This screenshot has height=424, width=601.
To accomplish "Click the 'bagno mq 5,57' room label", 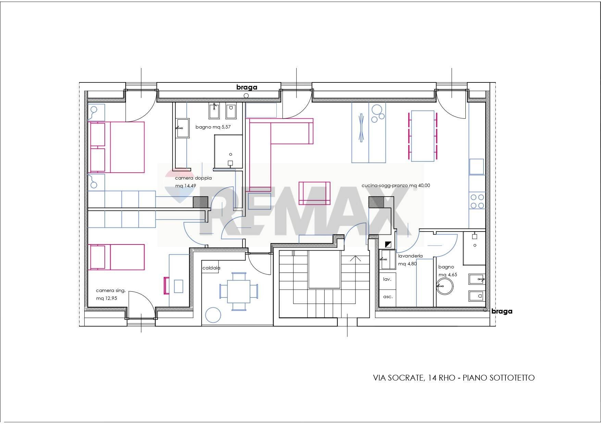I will click(213, 127).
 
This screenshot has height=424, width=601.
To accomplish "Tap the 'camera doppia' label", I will click(193, 178).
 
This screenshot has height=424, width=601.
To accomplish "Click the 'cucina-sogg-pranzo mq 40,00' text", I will click(396, 186).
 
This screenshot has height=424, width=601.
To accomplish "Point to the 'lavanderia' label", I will click(410, 256).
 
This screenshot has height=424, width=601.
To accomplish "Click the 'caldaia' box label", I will click(211, 268).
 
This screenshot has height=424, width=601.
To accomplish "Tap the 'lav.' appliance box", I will click(387, 279).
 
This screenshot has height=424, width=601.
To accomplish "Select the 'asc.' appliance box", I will click(388, 296).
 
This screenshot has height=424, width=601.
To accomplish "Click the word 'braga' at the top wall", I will click(247, 87).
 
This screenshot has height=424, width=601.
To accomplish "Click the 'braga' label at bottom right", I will click(502, 311).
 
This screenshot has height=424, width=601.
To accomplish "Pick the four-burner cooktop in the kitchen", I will click(477, 201).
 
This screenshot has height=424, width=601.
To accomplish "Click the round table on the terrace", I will click(213, 315).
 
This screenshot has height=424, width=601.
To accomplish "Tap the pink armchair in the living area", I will click(314, 193).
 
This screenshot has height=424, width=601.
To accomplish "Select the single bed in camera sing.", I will click(116, 257).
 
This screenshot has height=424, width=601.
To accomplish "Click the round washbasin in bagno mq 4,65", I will click(445, 286).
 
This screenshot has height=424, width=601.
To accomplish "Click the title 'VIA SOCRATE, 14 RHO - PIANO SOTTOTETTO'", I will click(453, 378).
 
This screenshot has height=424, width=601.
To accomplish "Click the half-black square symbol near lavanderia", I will click(388, 244).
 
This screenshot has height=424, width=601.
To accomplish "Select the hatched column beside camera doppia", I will click(201, 202).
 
